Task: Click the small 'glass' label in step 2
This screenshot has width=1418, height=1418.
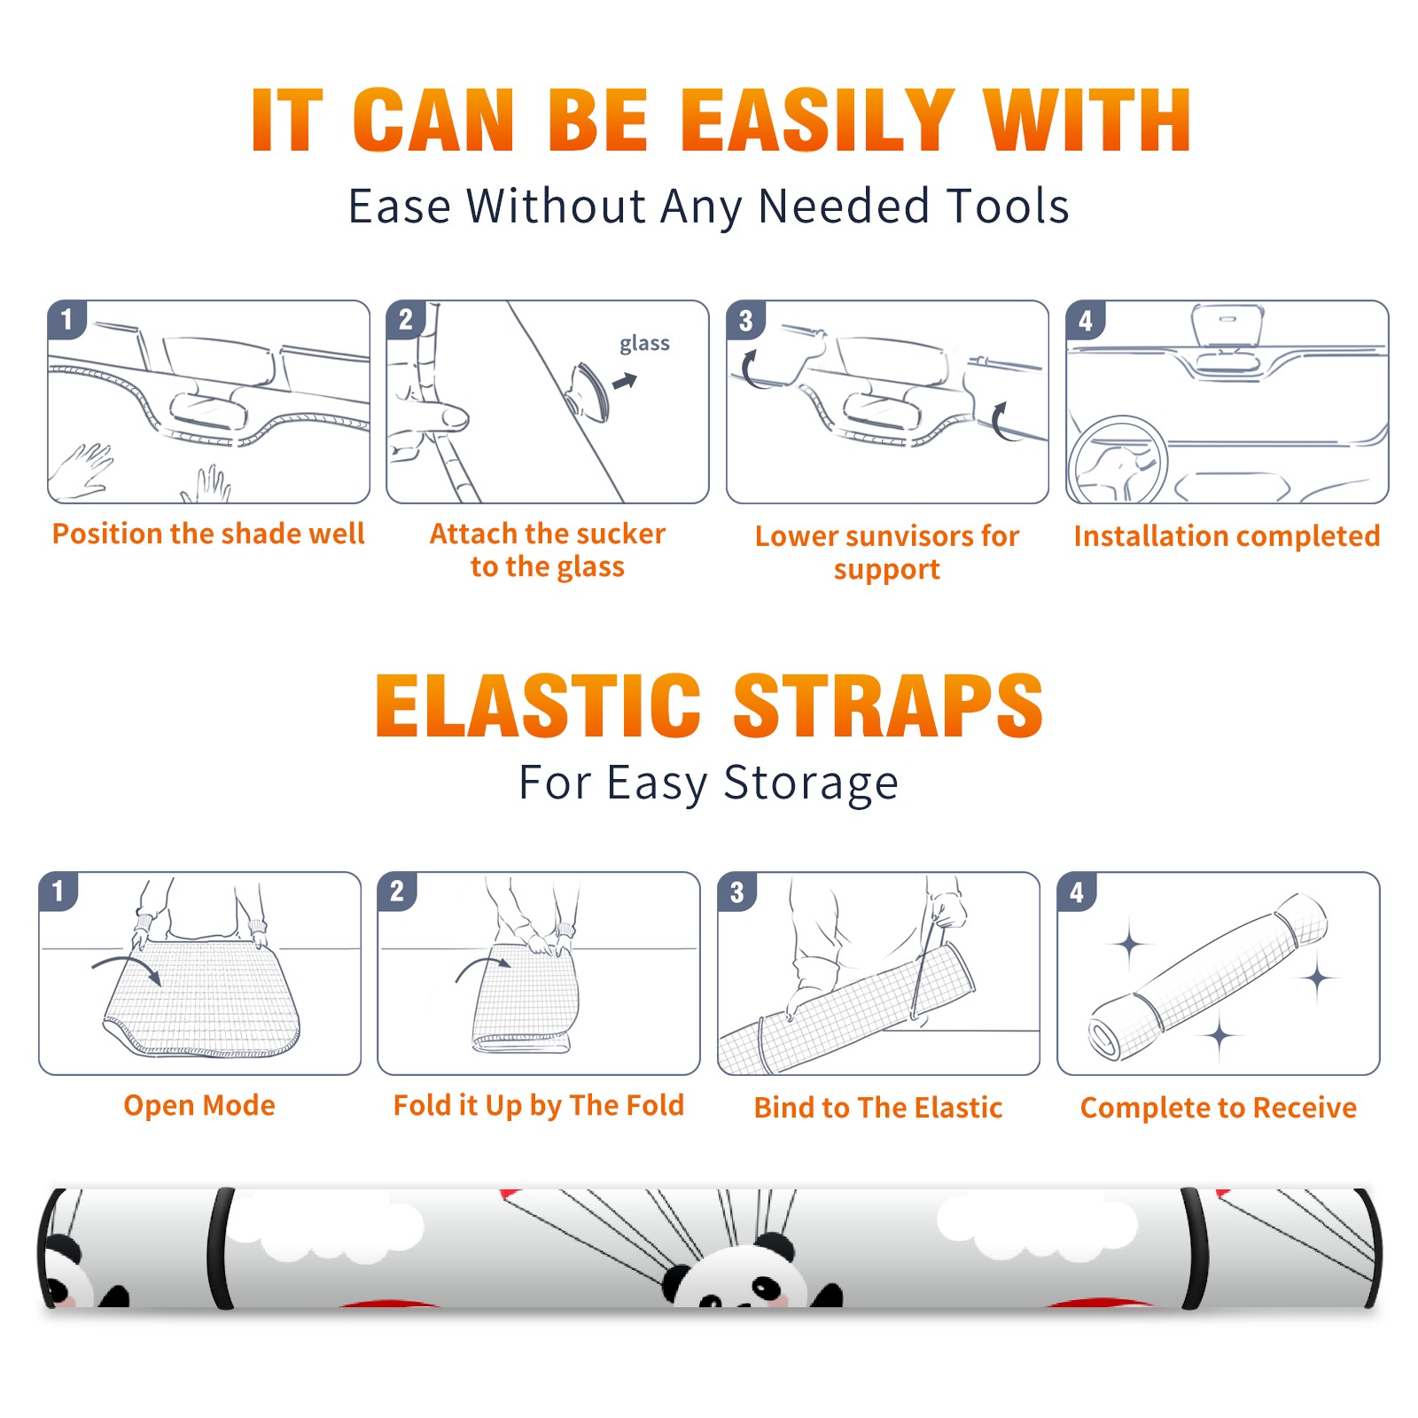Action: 644,344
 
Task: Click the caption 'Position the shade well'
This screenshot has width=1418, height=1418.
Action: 208,534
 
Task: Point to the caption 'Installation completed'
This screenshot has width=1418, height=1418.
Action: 1227,535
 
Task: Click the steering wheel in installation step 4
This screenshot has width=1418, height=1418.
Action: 1118,461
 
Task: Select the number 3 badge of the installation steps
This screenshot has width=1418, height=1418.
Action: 745,320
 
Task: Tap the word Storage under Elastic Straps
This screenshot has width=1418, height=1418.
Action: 811,783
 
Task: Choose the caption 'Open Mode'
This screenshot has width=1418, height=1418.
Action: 199,1105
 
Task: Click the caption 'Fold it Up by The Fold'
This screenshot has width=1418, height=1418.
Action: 539,1105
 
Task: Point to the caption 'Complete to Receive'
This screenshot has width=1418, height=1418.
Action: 1219,1108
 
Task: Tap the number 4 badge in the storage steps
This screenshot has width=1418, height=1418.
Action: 1077,892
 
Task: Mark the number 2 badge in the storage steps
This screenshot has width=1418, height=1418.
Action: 397,892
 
